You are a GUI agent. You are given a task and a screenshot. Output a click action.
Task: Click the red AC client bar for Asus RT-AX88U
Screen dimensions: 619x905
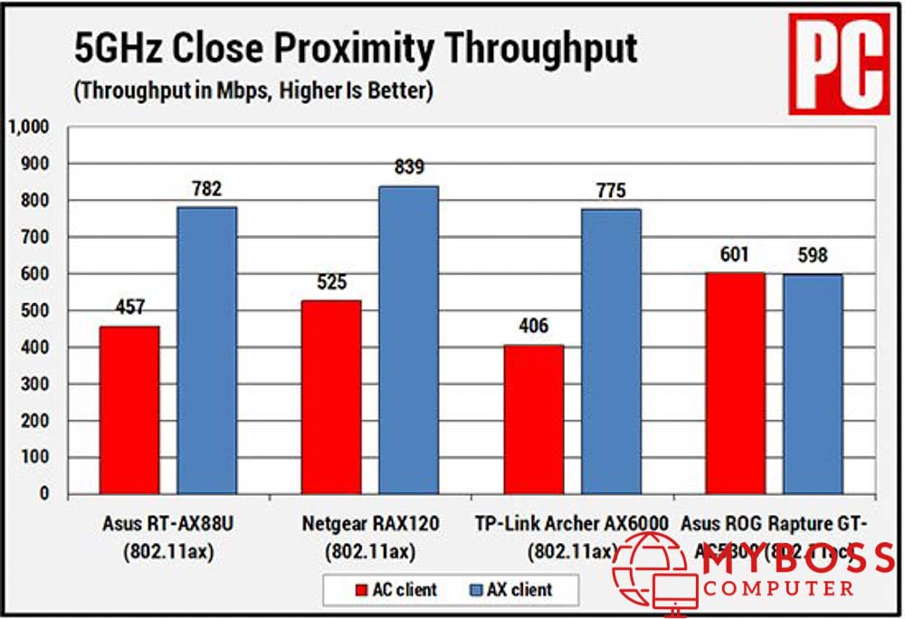(129, 410)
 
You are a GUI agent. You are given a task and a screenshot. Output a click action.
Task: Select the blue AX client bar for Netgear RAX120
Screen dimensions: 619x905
(408, 340)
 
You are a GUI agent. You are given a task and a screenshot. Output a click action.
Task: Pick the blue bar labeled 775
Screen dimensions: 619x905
(611, 352)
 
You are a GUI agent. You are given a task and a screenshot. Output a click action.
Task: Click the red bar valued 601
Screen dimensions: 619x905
(735, 384)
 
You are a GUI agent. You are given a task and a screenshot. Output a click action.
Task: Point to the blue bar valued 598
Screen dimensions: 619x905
(813, 385)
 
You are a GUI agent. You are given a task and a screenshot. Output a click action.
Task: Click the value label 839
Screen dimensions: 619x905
(409, 167)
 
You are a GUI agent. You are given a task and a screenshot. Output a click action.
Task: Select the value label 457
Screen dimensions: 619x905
(129, 308)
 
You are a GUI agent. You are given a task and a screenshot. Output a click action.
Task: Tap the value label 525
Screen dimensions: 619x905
(331, 282)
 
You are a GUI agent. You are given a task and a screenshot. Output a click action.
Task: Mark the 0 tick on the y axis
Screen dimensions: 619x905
(44, 494)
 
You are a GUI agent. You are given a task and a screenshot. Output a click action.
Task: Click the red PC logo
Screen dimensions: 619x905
(838, 62)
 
